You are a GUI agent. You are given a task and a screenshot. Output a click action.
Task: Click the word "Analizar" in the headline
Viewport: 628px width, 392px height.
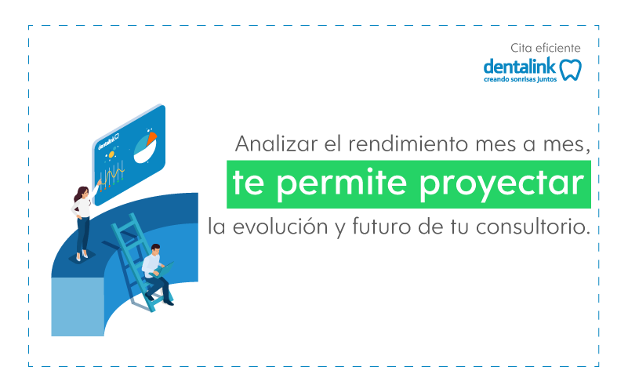[276, 143]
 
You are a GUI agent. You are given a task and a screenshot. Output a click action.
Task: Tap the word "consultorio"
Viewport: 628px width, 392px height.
[532, 227]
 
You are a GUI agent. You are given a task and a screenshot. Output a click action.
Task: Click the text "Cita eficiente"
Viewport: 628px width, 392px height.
[546, 48]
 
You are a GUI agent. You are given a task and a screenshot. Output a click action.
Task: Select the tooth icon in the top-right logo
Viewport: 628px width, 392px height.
[570, 69]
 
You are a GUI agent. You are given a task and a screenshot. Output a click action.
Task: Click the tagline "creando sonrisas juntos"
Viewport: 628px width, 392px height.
[521, 79]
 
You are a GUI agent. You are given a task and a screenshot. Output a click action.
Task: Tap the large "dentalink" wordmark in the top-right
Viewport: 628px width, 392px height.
[520, 67]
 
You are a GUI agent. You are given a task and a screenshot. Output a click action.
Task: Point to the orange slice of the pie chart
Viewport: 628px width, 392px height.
[151, 138]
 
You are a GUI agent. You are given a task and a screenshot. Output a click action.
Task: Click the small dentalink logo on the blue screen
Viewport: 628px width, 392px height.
[108, 141]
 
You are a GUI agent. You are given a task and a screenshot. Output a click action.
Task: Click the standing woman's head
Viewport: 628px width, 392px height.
[82, 193]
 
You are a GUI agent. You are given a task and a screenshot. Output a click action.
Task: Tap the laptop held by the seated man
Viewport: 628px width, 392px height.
[165, 269]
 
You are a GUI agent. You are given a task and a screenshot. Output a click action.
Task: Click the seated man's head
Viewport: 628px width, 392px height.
[155, 249]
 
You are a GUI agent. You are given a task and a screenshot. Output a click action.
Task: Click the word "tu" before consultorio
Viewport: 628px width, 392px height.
[460, 227]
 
